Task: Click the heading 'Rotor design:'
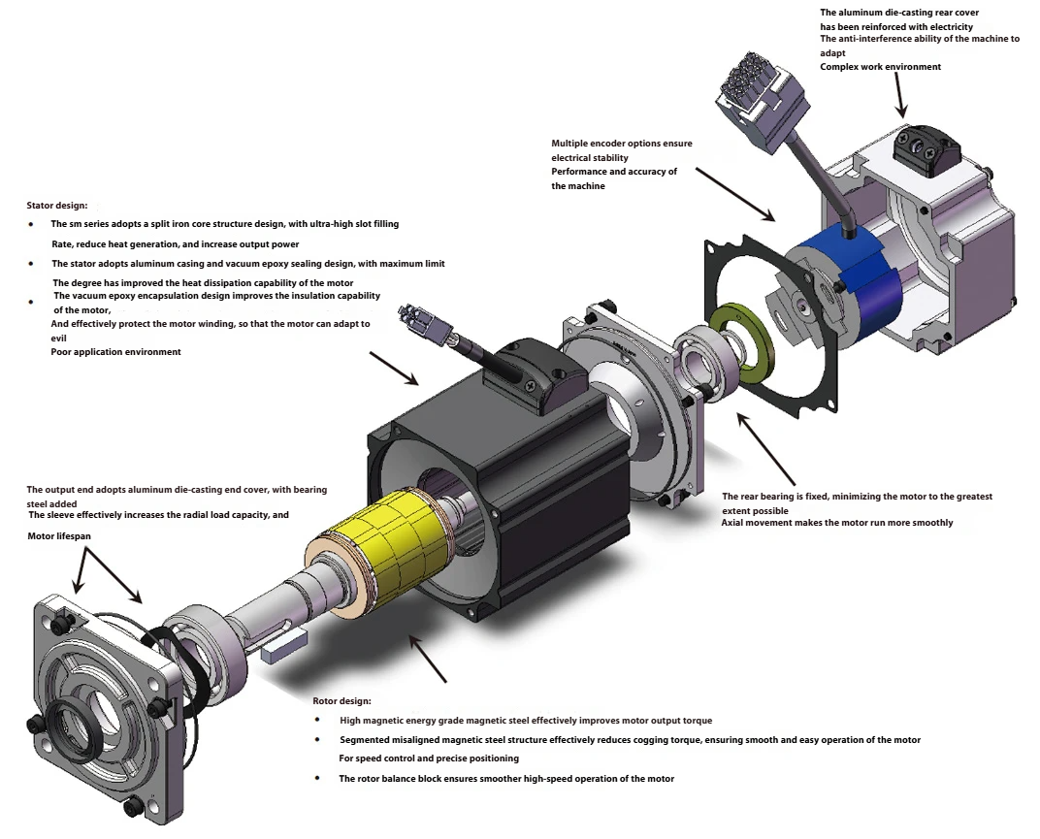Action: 341,700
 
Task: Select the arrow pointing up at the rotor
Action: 427,660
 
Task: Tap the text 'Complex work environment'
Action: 880,67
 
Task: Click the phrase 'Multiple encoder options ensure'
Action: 621,144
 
